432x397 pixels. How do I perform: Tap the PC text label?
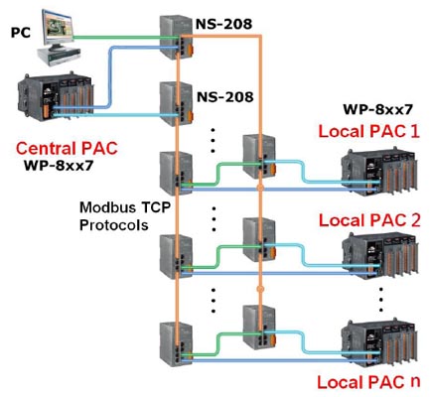(21, 33)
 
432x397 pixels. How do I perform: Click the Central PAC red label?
(67, 149)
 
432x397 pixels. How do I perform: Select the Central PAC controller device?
(56, 96)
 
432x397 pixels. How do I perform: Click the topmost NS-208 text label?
(223, 24)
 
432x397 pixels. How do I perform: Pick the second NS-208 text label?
(225, 97)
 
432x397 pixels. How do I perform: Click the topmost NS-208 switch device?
(176, 37)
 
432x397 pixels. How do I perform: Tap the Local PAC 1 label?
(368, 131)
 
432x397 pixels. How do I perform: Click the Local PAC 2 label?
(369, 220)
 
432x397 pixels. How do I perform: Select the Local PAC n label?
(368, 382)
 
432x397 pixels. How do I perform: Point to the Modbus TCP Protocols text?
(125, 216)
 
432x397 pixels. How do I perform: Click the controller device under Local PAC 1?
(379, 172)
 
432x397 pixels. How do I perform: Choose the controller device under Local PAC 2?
(379, 256)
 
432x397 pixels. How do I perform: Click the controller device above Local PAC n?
(379, 343)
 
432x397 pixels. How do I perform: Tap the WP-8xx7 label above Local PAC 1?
(377, 109)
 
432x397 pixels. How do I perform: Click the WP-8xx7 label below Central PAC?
(58, 165)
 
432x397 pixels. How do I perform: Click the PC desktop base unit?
(59, 55)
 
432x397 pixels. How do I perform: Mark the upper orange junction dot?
(260, 188)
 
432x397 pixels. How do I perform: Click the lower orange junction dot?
(260, 289)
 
